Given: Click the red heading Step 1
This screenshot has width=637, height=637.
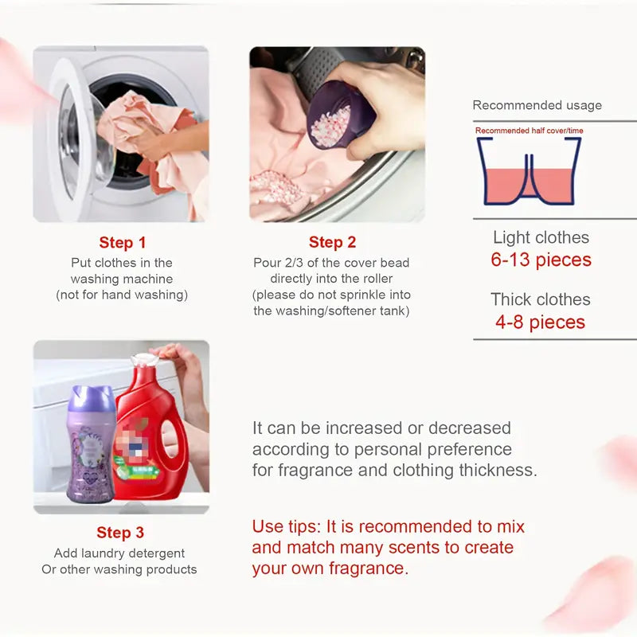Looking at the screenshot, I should (x=122, y=243).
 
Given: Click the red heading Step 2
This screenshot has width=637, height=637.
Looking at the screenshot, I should (x=332, y=243).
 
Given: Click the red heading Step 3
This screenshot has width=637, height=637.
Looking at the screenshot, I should (x=120, y=533).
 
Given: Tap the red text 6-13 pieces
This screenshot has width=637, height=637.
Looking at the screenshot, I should (x=541, y=260).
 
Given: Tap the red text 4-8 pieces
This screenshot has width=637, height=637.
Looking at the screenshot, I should (x=541, y=322).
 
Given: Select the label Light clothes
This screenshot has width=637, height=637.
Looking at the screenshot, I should (x=541, y=237).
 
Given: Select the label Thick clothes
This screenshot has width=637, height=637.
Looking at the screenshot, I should (x=541, y=299).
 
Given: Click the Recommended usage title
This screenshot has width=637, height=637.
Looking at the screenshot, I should (x=537, y=105).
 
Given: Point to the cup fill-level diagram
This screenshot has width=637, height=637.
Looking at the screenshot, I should (x=528, y=172).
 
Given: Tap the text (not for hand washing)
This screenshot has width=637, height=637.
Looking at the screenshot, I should (x=121, y=295).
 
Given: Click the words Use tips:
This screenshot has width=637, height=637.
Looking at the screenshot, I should (x=283, y=526).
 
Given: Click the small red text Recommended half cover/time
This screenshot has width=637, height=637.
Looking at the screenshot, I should (x=529, y=131).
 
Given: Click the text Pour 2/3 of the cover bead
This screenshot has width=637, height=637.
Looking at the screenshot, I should (x=331, y=263).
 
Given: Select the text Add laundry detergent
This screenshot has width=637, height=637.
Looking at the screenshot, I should (x=119, y=553).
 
